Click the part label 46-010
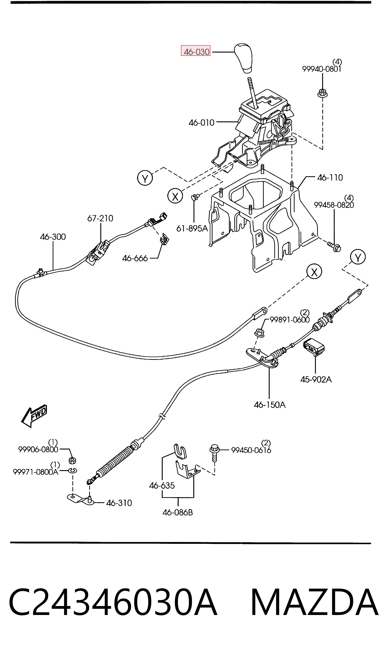(201, 122)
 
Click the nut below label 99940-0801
(322, 93)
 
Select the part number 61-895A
(192, 229)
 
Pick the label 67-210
(100, 218)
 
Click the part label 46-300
(53, 237)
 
